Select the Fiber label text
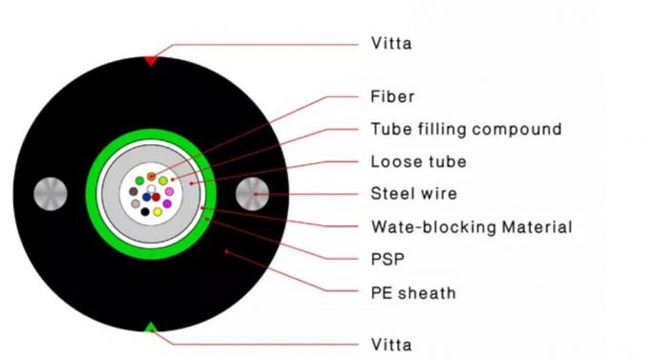(x=392, y=96)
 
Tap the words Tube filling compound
(x=466, y=129)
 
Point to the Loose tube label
(x=418, y=161)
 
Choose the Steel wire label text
(x=413, y=194)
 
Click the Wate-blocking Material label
(x=471, y=227)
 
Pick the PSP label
(x=387, y=259)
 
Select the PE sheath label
(x=412, y=292)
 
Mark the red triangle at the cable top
(x=151, y=60)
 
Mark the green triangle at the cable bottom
(x=151, y=328)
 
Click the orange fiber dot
(x=151, y=177)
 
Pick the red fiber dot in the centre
(x=157, y=198)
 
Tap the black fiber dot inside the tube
(x=145, y=211)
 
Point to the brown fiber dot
(x=134, y=191)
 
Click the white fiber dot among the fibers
(x=151, y=188)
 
